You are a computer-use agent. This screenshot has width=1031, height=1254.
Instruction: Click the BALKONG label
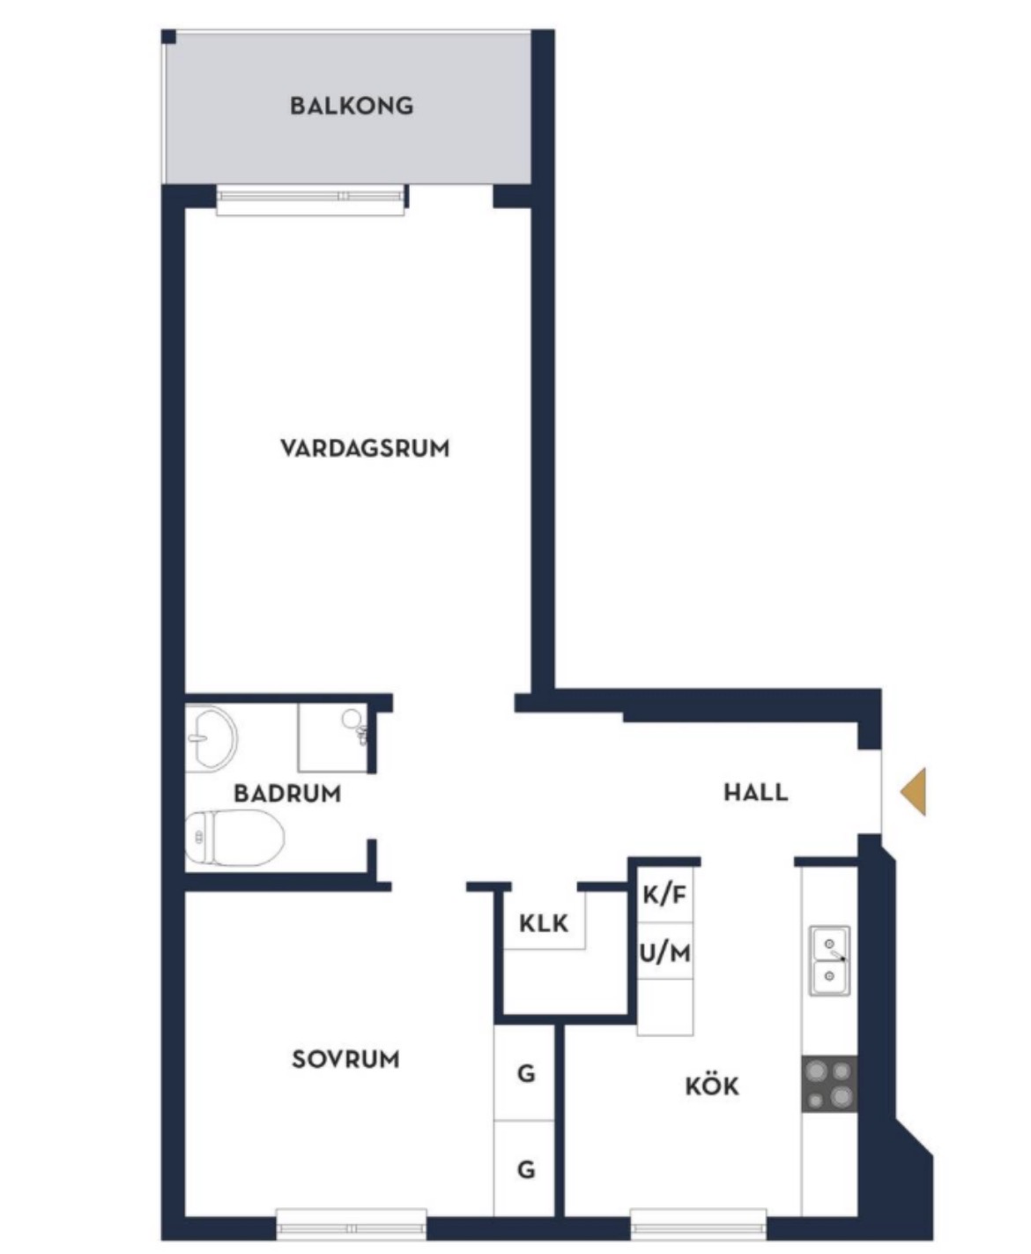click(352, 106)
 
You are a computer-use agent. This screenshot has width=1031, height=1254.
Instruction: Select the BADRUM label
click(287, 793)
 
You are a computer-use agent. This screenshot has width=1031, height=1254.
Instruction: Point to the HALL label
click(756, 792)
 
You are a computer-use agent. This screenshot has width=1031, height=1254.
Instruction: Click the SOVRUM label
click(345, 1059)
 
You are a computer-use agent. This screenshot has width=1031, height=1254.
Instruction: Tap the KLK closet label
click(544, 923)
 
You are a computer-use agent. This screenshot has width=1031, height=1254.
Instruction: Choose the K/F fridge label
click(664, 894)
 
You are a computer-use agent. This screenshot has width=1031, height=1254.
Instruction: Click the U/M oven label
click(665, 953)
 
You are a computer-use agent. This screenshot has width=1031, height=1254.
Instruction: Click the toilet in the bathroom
click(234, 838)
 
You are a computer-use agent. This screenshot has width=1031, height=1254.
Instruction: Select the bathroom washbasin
click(211, 738)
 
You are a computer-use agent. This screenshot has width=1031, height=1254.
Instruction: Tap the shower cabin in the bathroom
click(332, 738)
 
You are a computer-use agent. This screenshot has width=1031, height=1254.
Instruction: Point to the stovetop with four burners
click(829, 1084)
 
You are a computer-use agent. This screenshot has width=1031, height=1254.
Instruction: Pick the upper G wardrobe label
click(526, 1073)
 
